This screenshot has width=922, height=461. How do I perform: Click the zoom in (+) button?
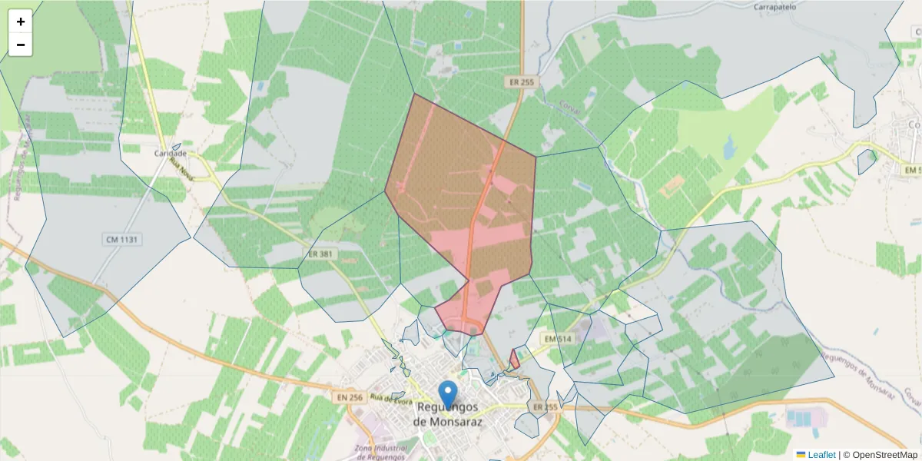tap(21, 22)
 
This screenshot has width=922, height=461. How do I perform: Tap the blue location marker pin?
tap(447, 393)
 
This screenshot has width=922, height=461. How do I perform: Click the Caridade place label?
tap(171, 154)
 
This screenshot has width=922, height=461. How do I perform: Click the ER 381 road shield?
tap(320, 254)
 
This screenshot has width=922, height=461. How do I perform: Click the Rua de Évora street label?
tap(386, 398)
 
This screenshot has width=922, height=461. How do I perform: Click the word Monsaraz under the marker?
tap(446, 422)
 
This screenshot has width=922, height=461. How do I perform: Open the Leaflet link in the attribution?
tap(821, 455)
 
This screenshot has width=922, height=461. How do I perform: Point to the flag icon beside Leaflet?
tap(801, 455)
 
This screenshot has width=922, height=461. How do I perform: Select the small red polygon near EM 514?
tap(515, 359)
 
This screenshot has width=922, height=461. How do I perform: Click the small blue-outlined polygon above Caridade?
tap(177, 146)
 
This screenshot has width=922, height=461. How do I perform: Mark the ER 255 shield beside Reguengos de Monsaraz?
tap(545, 406)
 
